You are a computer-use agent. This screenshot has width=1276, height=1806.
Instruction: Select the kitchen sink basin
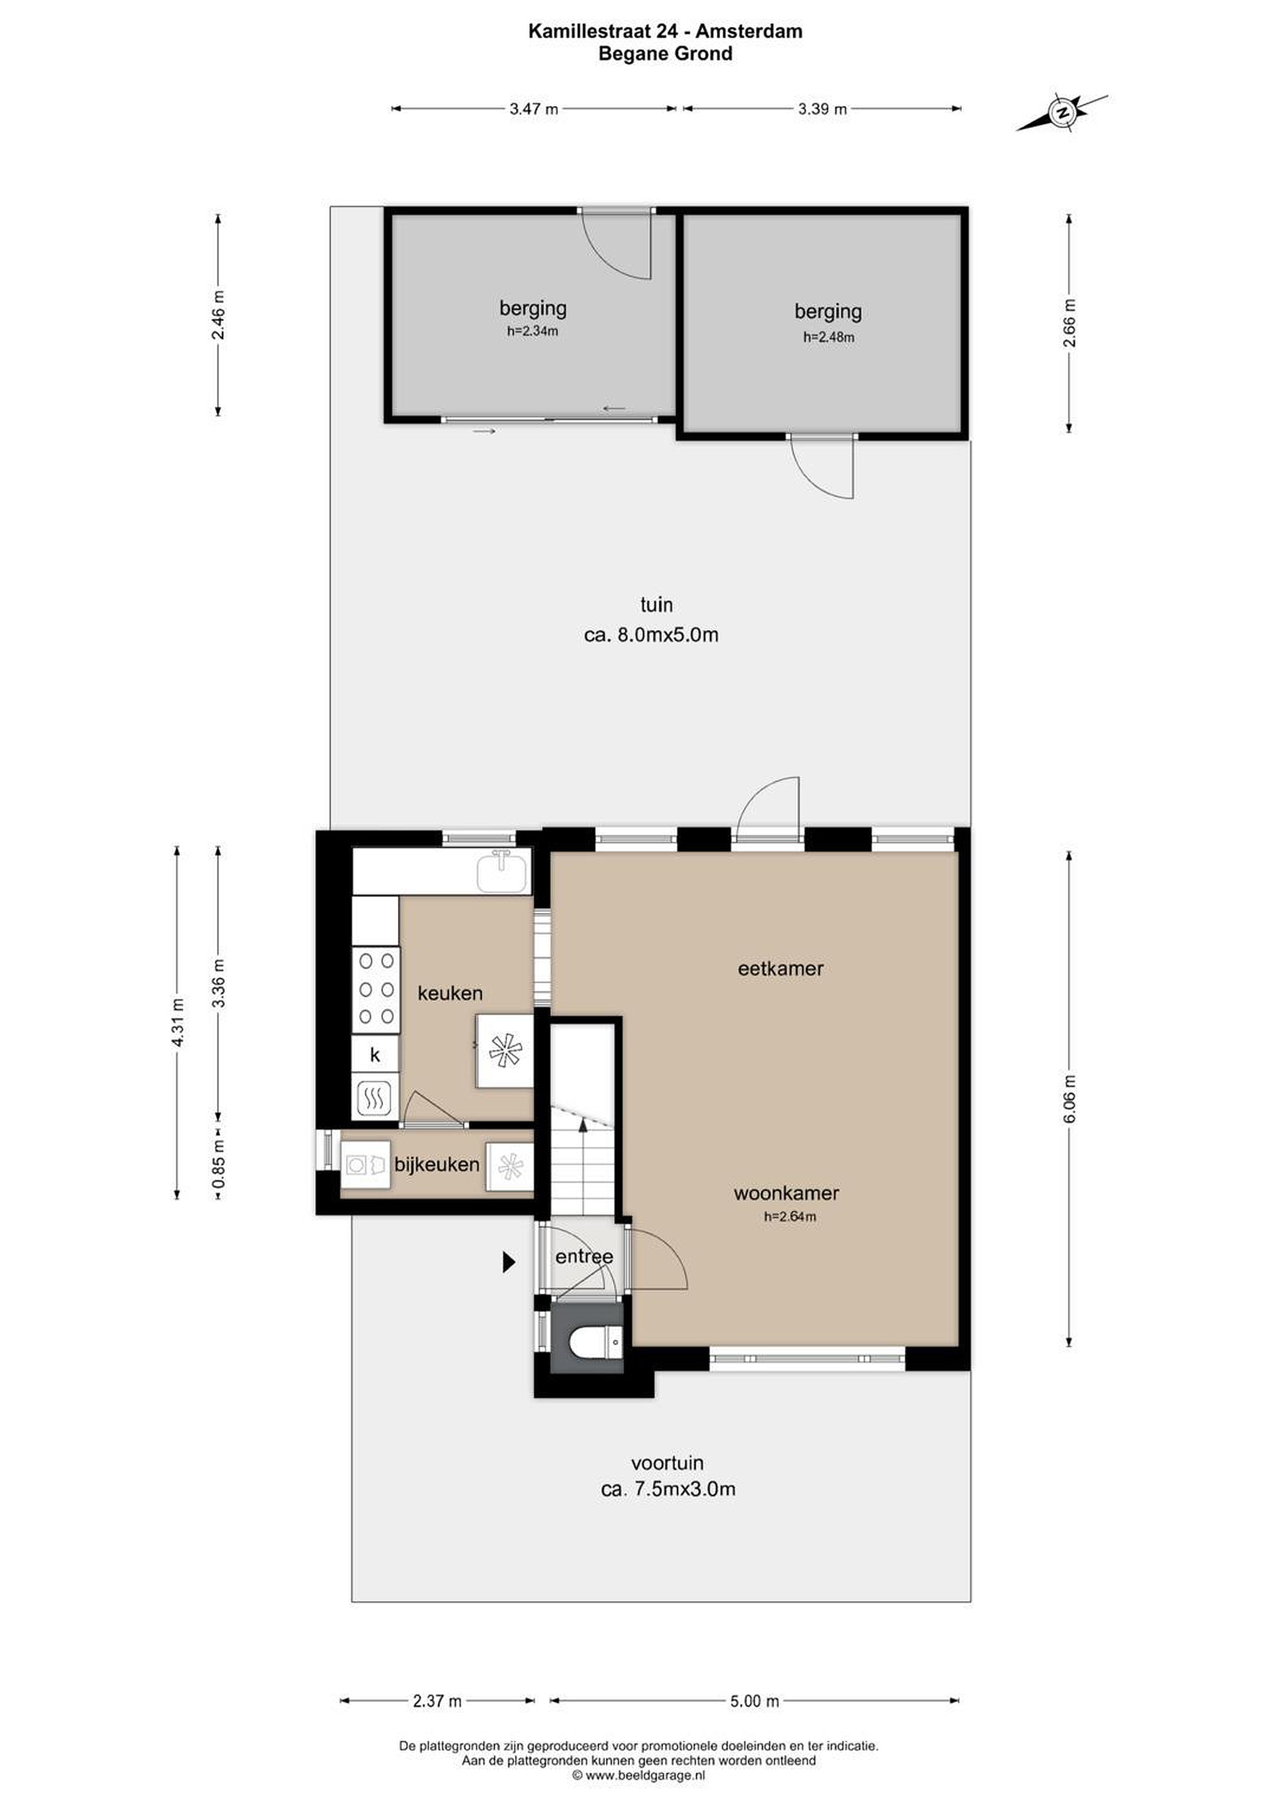coord(503,873)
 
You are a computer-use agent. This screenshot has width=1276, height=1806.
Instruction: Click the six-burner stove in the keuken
coord(376,989)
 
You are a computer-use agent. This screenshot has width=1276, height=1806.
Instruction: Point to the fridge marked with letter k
coord(375,1054)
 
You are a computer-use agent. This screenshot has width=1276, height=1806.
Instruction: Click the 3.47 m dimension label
coord(534,109)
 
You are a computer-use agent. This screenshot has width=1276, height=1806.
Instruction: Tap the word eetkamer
coord(781,968)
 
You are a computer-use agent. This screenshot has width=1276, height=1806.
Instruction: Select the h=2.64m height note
coord(790,1217)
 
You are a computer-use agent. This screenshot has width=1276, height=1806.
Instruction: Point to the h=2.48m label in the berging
coord(829,337)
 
